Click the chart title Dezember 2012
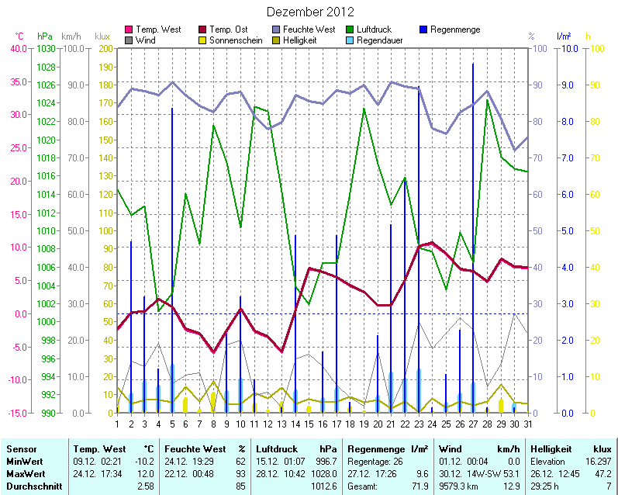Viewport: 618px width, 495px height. pos(310,12)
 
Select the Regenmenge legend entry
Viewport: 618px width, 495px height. pos(454,29)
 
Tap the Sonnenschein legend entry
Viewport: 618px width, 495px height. pos(235,40)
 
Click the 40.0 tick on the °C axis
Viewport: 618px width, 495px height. pos(18,48)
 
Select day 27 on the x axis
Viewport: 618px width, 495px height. pos(473,424)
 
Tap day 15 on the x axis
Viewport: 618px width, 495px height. pos(309,424)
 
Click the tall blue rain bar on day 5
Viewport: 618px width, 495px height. pos(172,233)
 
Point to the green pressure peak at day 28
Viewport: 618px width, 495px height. pos(487,100)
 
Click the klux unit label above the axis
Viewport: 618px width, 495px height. pos(102,36)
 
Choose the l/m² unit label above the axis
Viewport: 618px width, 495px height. pos(564,36)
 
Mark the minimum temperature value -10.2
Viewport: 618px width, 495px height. pos(144,462)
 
